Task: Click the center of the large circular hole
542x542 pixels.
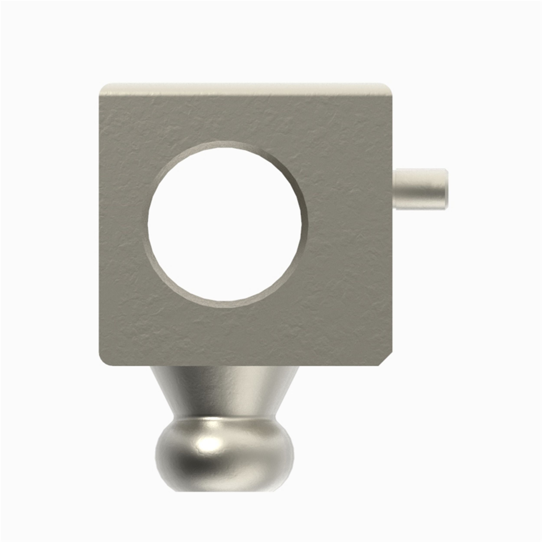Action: [x=225, y=224]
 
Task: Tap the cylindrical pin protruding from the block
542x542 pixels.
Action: [x=421, y=189]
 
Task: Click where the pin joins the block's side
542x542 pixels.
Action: [x=395, y=189]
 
